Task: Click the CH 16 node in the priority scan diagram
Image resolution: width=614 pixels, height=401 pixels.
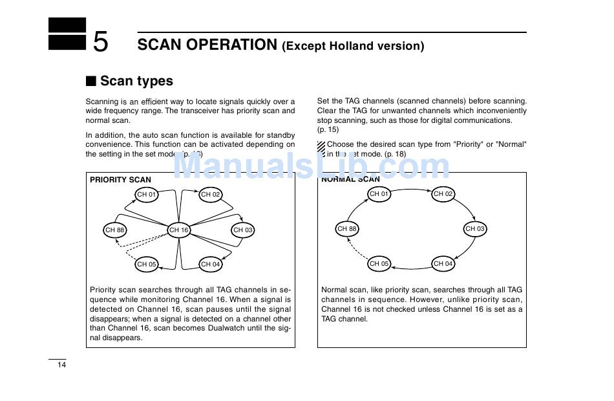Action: [178, 230]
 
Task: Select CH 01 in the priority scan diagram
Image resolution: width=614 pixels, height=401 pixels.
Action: [147, 194]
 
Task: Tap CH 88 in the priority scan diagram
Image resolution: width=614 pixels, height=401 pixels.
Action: [114, 230]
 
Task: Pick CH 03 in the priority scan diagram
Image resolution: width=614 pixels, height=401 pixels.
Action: [243, 230]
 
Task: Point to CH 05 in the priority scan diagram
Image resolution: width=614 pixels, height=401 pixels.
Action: [147, 264]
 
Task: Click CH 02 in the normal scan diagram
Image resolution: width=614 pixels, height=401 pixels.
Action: [443, 193]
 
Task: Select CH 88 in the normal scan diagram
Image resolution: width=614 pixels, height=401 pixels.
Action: [347, 228]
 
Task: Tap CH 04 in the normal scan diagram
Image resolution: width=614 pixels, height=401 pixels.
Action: [443, 263]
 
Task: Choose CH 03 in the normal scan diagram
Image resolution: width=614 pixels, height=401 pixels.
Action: [475, 228]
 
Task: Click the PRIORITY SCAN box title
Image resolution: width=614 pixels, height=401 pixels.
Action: [120, 180]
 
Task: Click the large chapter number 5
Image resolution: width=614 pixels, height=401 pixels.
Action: [101, 42]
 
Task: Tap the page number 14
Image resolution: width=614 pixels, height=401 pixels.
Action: [61, 365]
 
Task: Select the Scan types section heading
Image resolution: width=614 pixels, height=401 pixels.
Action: [136, 81]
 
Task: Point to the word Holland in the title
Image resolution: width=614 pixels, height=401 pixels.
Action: [350, 46]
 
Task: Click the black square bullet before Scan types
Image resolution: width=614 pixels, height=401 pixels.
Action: [91, 81]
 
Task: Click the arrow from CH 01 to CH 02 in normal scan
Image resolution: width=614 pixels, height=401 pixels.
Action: [411, 188]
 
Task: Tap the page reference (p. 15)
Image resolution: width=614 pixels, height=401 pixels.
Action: [328, 129]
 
